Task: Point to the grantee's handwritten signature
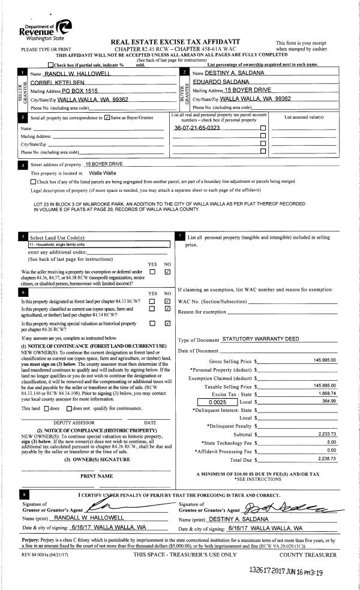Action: [x=288, y=507]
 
